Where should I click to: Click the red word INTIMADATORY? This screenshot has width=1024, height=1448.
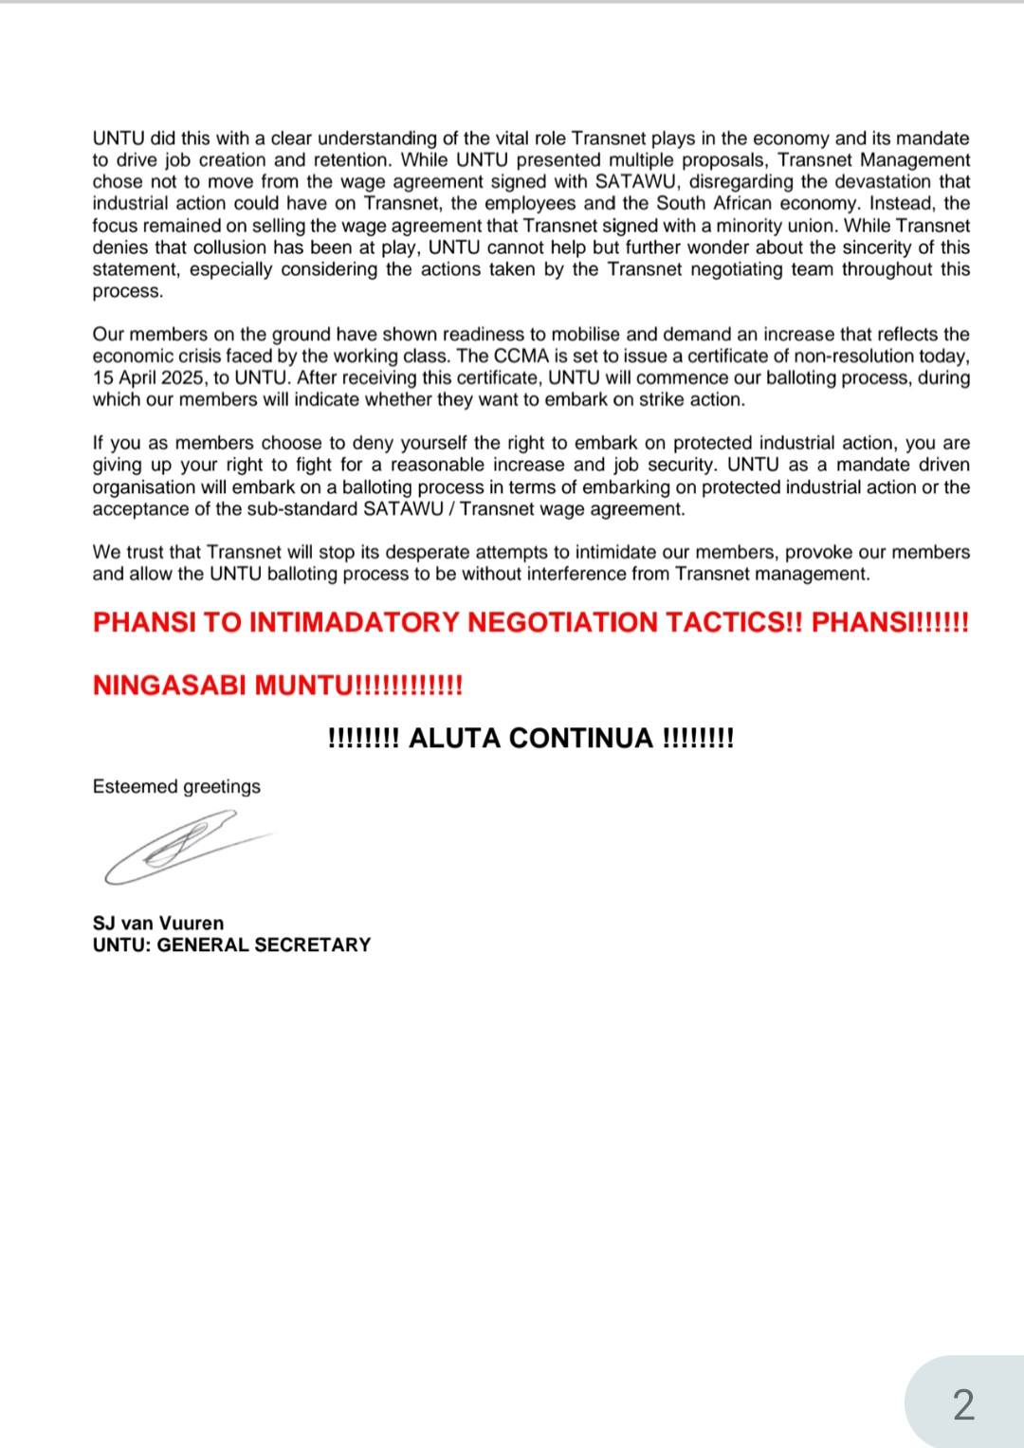click(355, 623)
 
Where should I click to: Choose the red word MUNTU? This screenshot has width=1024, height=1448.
click(303, 686)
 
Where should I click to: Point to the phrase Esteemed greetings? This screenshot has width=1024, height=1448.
click(176, 787)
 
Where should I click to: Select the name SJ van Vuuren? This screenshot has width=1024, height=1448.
click(158, 924)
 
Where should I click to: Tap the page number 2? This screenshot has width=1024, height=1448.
click(962, 1404)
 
